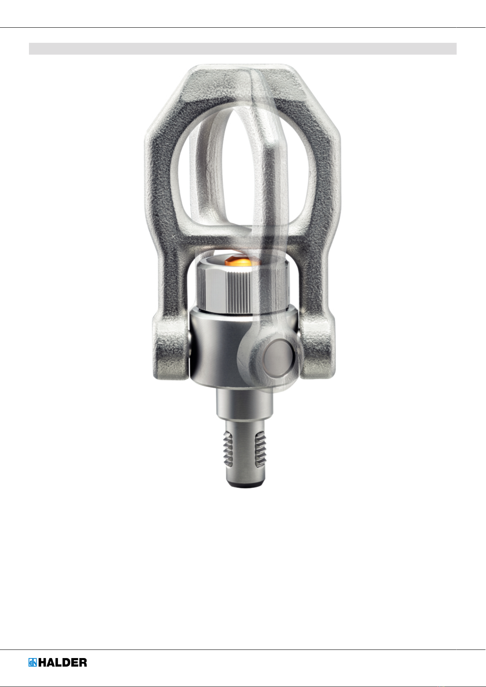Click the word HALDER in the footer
62,663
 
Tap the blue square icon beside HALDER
33,663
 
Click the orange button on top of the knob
238,262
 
